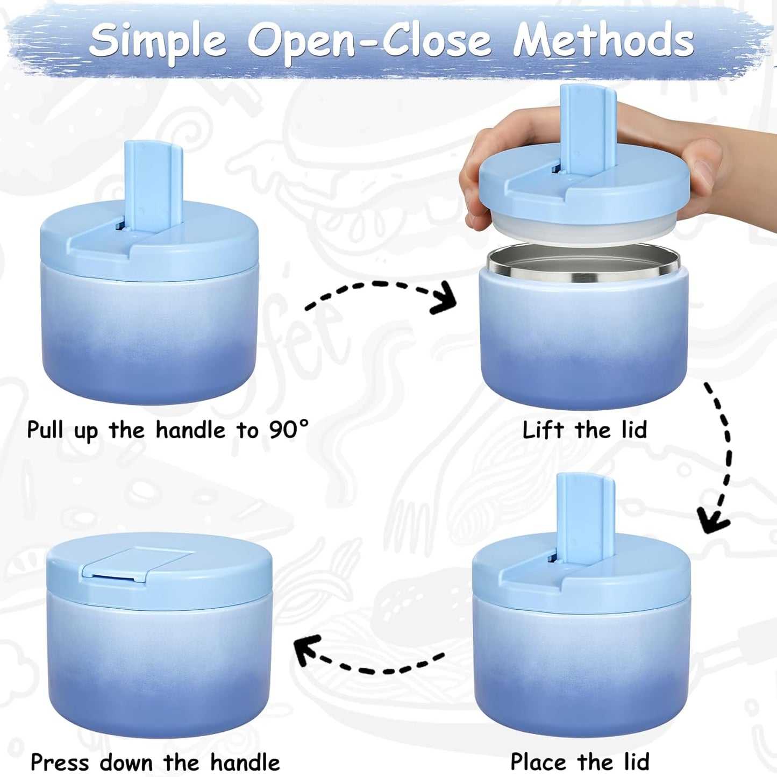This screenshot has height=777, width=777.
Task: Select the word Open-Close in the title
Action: pyautogui.click(x=369, y=42)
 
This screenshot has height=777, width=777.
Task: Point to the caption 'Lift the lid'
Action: pyautogui.click(x=584, y=430)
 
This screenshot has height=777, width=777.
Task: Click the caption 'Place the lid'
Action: pyautogui.click(x=580, y=751)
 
